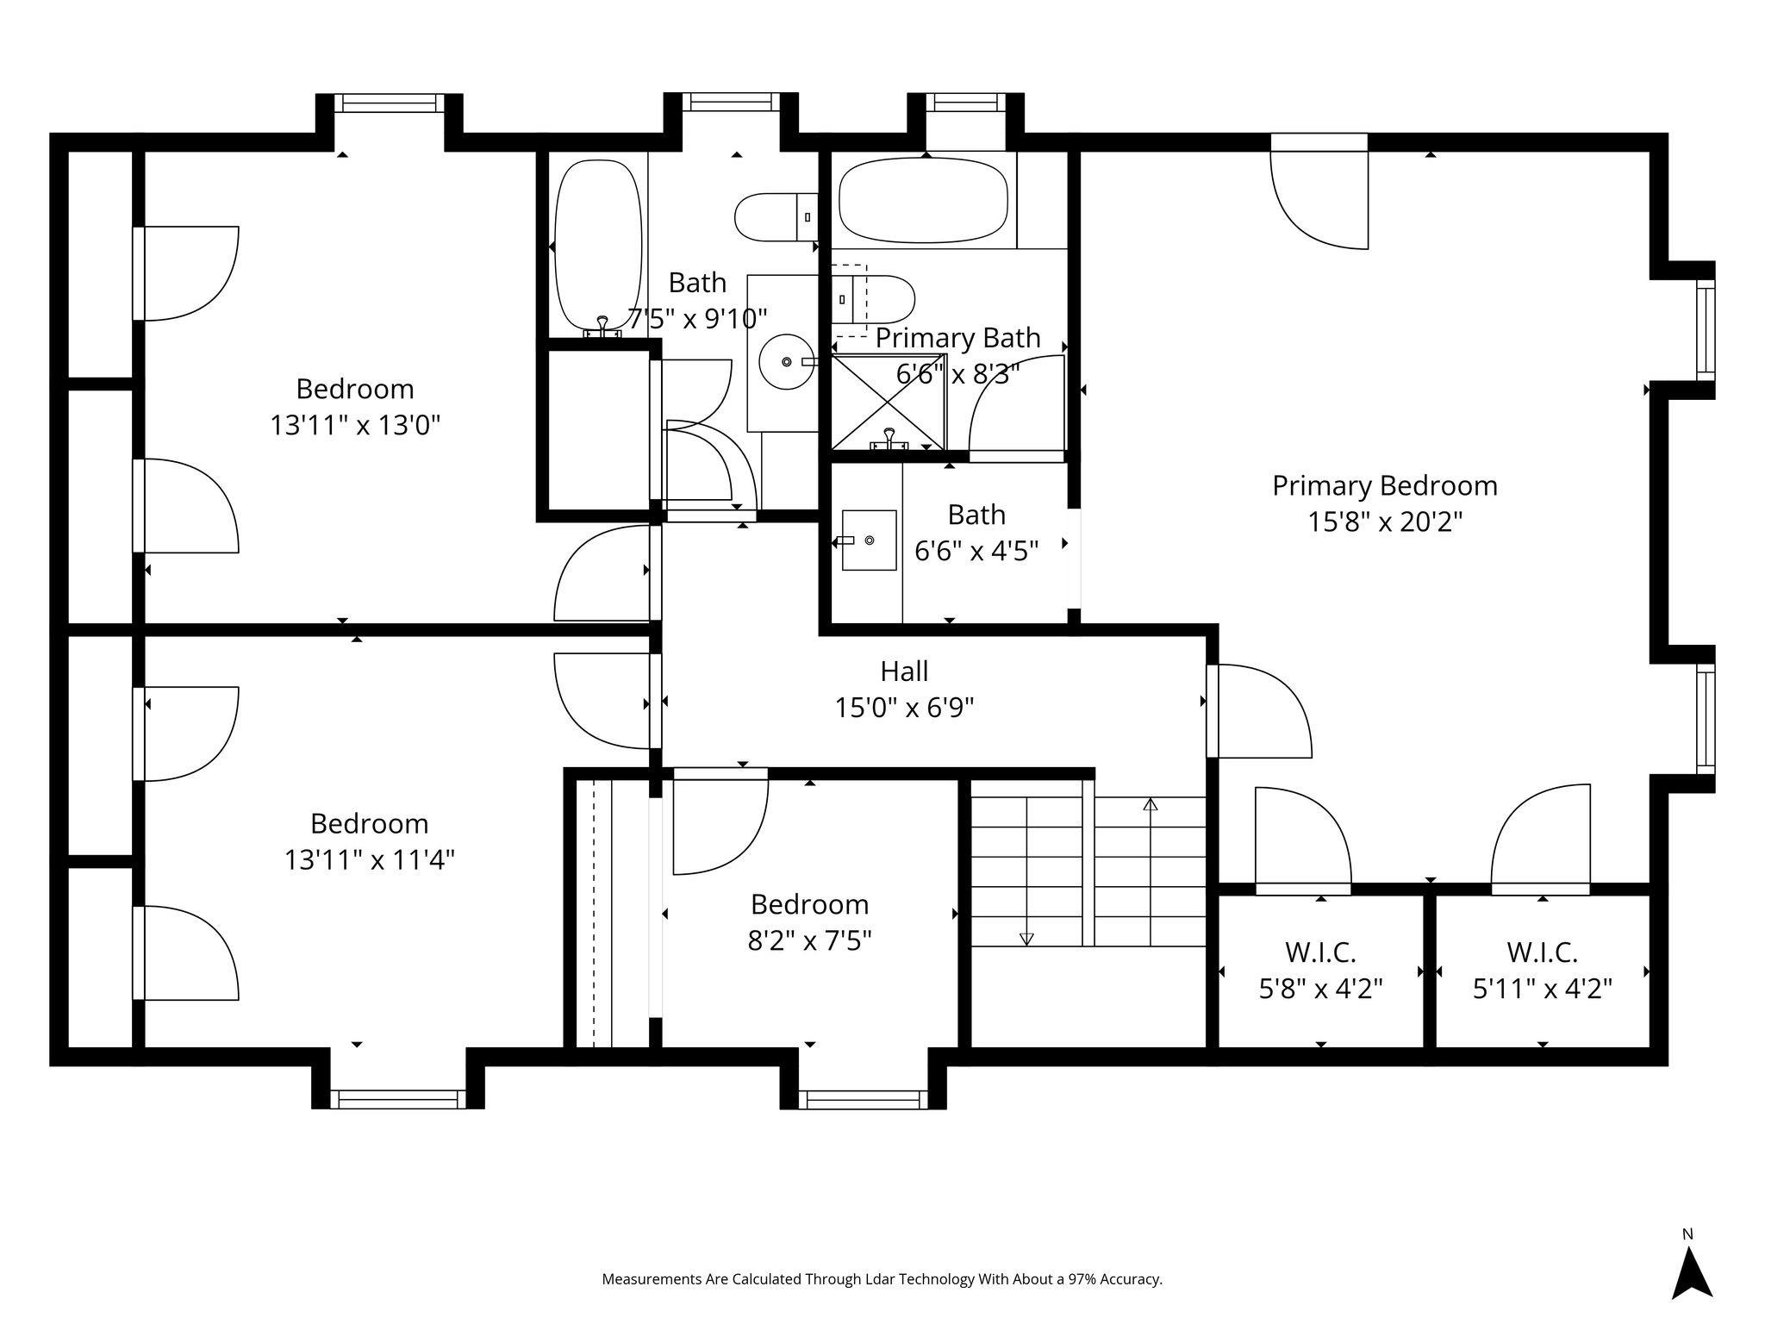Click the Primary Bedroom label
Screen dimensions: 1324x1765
pyautogui.click(x=1384, y=485)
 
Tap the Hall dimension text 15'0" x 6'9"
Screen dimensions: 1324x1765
pyautogui.click(x=904, y=708)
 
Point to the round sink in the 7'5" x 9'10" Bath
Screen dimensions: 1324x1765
pyautogui.click(x=786, y=362)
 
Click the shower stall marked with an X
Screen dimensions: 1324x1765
pyautogui.click(x=888, y=402)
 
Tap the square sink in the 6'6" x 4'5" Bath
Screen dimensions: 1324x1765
pyautogui.click(x=869, y=540)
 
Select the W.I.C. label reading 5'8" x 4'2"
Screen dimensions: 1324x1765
pyautogui.click(x=1320, y=989)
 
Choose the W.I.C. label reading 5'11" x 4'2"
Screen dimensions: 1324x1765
pyautogui.click(x=1542, y=989)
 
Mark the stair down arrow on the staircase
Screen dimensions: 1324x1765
pyautogui.click(x=1026, y=938)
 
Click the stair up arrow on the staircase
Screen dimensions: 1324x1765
pyautogui.click(x=1150, y=805)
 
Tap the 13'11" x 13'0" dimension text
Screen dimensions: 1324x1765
pyautogui.click(x=355, y=425)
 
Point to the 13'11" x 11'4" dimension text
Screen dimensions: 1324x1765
pyautogui.click(x=370, y=859)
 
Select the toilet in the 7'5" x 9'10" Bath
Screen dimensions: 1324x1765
pyautogui.click(x=773, y=217)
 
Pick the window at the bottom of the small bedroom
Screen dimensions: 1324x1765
pyautogui.click(x=863, y=1099)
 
